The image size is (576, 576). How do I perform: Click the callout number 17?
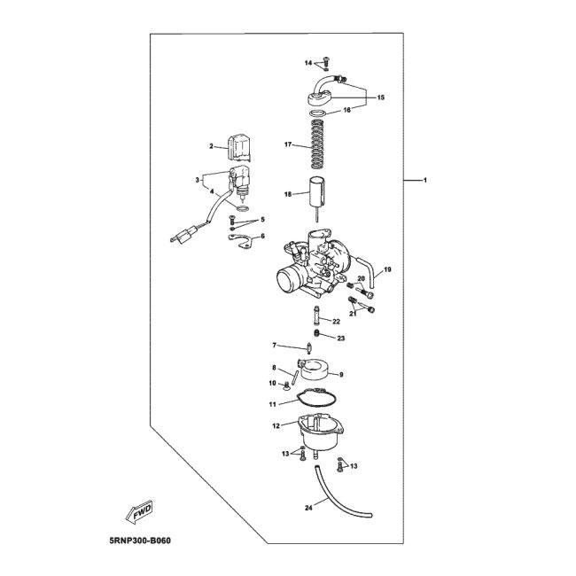coord(288,144)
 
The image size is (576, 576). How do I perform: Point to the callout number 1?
coord(425,181)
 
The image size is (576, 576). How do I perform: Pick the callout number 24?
coord(284,508)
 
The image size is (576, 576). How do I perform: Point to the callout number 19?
coord(387,269)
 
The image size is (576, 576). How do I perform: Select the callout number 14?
coord(309,64)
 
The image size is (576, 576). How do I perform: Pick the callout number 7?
coord(275,345)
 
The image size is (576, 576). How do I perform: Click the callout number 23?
coord(340,338)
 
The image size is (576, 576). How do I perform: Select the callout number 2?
coord(212,146)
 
